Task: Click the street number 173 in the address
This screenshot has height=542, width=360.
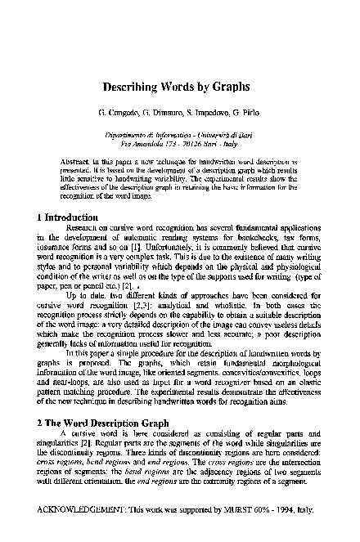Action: (x=164, y=141)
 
